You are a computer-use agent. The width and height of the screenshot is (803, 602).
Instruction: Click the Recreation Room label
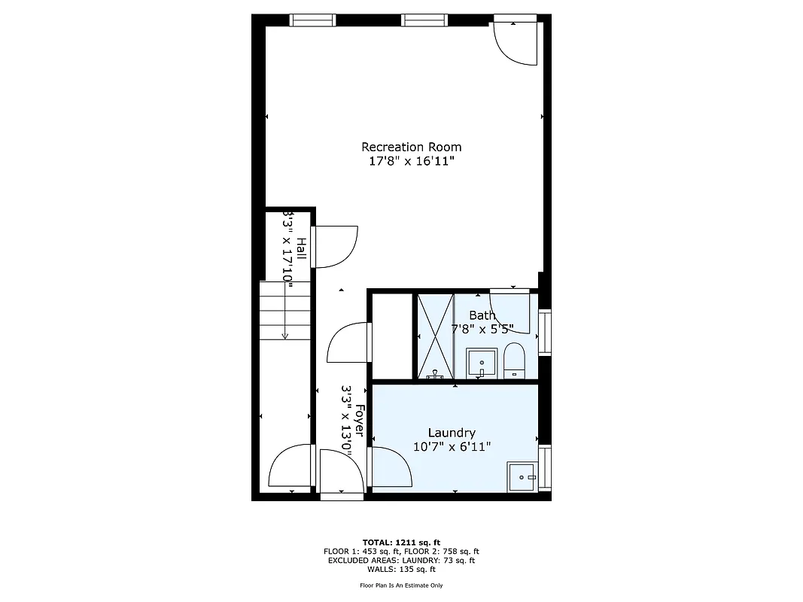click(411, 147)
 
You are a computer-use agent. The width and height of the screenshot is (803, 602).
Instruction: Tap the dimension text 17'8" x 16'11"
click(411, 161)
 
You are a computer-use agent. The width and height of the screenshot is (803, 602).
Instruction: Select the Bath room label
click(482, 315)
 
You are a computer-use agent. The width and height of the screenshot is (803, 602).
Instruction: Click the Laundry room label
click(452, 433)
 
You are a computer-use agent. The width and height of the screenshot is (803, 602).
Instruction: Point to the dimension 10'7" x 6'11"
click(452, 446)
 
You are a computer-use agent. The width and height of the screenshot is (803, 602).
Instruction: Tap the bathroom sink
click(481, 363)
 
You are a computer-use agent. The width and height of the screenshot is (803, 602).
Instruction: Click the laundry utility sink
click(522, 476)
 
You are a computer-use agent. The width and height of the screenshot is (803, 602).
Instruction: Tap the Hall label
click(300, 249)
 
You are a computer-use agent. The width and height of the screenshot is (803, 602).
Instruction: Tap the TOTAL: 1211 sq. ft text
click(401, 542)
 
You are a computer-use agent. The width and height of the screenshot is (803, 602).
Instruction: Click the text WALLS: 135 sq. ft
click(401, 569)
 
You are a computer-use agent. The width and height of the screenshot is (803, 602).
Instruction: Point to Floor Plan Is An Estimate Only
click(401, 585)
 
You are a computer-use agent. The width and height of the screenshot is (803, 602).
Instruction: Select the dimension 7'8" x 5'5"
click(482, 329)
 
